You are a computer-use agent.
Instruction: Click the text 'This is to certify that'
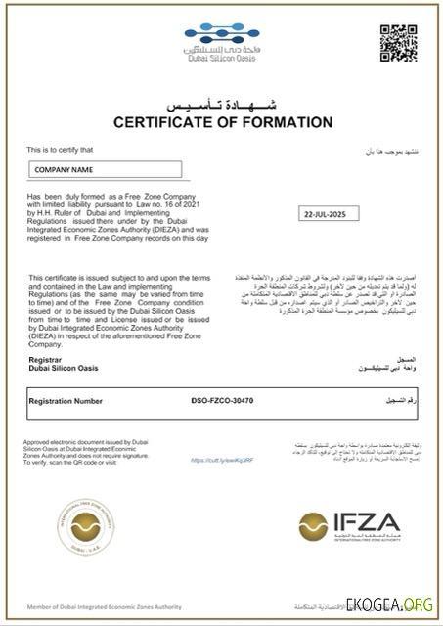(61, 149)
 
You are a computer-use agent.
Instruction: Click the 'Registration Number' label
(66, 401)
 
